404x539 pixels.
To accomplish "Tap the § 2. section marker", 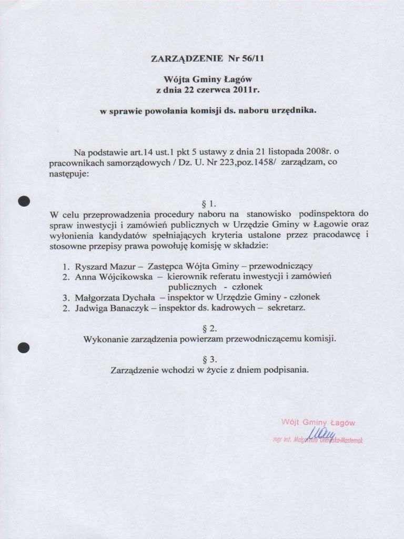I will point(209,328).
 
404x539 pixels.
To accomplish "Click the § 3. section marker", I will point(209,360).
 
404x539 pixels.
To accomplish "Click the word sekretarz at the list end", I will point(286,307).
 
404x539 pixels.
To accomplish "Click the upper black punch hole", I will point(23,201).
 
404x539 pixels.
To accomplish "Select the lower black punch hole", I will point(23,347).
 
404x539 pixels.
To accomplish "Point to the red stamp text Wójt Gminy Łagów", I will point(318,422).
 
